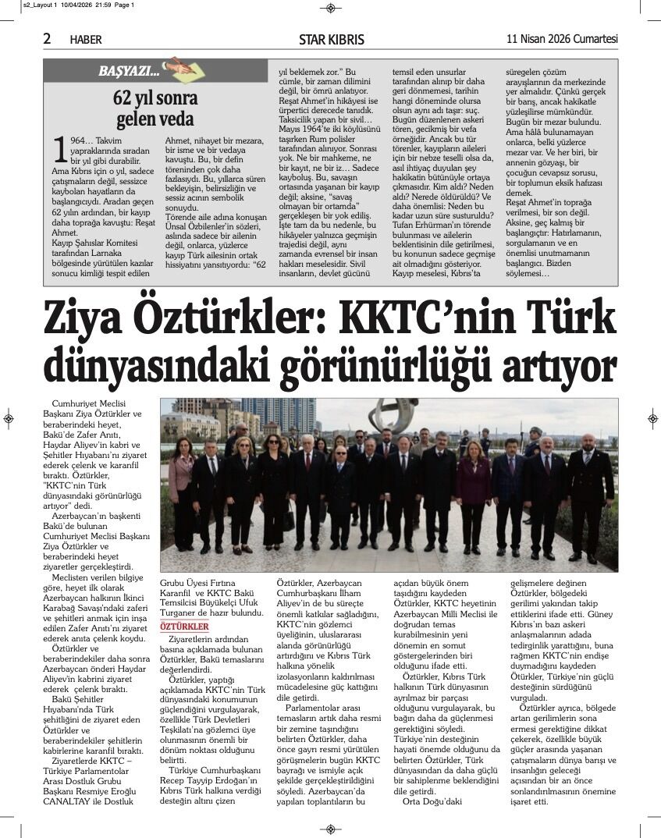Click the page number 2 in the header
(48, 39)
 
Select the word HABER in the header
(85, 40)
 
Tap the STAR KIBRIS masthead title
(331, 40)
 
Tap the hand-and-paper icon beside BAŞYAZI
(179, 69)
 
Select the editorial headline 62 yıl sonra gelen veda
(155, 108)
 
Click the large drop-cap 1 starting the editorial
(59, 148)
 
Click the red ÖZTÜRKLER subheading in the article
(183, 627)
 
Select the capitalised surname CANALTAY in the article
(75, 801)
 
